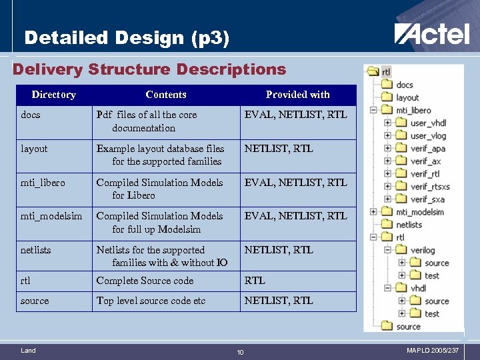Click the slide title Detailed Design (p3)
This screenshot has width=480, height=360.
pos(127,38)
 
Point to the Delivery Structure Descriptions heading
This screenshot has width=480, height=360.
pos(149,69)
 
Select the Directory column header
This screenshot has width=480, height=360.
pos(53,95)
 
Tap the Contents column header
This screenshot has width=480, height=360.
pos(165,95)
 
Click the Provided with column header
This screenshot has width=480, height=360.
pos(297,95)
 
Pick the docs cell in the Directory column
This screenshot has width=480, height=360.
pos(31,115)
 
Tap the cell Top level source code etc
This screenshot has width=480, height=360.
pos(151,301)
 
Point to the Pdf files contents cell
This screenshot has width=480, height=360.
pos(147,121)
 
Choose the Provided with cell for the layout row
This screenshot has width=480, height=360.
pos(279,149)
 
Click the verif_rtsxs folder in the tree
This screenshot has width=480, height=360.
pos(430,187)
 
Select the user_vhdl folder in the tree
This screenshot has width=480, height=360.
pos(428,123)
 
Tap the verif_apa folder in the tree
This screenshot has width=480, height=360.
pos(427,149)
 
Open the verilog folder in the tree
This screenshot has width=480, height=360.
pos(422,250)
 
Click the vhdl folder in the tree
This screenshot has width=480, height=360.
pos(417,288)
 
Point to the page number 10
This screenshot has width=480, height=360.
pos(241,351)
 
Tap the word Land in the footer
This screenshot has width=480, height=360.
pos(28,350)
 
